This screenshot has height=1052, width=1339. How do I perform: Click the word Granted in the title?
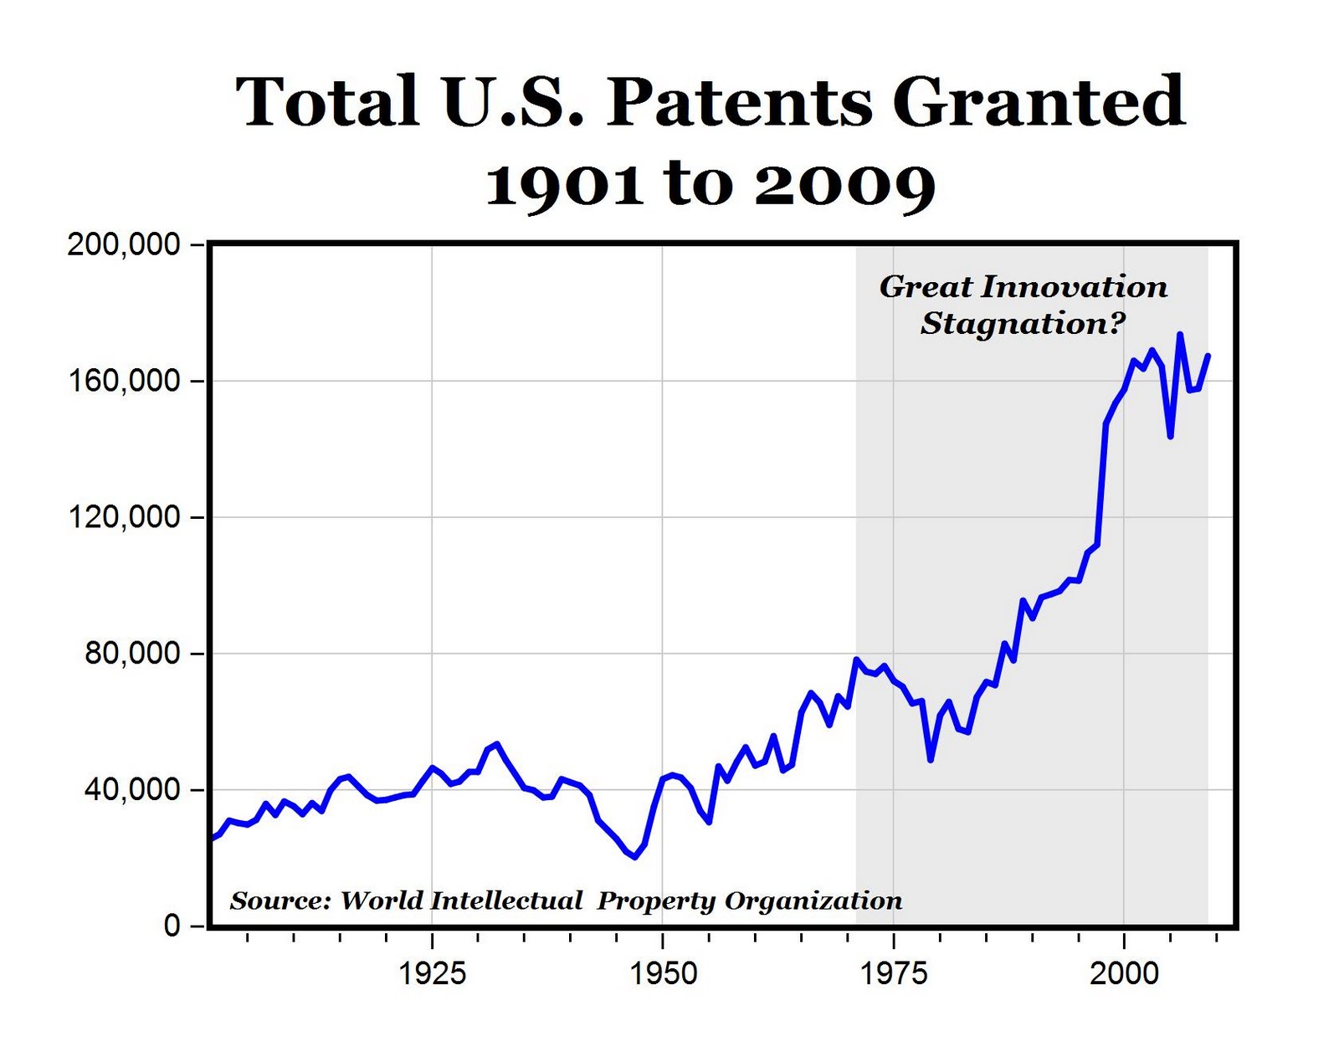[1038, 102]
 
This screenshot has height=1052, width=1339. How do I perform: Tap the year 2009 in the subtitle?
[844, 184]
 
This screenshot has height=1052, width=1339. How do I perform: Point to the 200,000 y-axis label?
[124, 244]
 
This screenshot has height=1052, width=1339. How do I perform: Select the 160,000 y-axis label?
[124, 381]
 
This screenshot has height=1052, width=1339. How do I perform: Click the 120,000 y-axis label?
[124, 517]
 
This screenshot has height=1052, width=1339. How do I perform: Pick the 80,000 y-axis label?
[132, 654]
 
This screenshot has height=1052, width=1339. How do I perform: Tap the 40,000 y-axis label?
[132, 790]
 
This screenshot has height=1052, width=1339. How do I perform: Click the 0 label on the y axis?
[172, 926]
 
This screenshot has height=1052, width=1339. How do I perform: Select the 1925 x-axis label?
[432, 973]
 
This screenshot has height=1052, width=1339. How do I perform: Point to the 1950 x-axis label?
[663, 973]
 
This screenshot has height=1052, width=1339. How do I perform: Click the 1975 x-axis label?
[894, 973]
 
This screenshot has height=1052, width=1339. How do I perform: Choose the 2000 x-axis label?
[1124, 973]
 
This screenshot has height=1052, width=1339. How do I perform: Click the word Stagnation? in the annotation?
[1023, 324]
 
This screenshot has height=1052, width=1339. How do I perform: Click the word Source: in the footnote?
[280, 901]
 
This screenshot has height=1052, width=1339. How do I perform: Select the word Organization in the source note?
[813, 901]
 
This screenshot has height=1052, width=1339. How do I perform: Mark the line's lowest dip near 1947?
[635, 856]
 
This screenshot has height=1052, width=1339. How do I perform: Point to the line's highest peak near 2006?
[1179, 335]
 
